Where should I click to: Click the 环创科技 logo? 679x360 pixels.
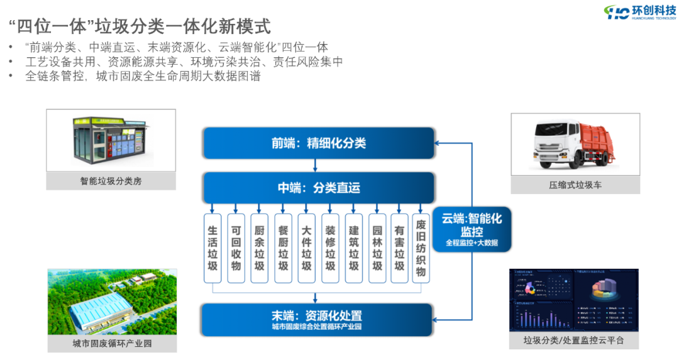639,12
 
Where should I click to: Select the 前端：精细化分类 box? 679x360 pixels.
318,143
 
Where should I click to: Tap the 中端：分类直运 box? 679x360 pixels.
318,188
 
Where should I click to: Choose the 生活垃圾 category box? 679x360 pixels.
213,249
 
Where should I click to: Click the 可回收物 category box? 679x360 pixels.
236,249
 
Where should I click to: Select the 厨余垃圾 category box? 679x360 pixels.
259,249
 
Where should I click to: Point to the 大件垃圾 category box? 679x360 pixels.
306,249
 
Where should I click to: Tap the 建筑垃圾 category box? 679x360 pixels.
353,249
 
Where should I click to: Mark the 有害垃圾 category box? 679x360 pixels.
399,249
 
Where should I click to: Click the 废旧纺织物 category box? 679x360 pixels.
421,249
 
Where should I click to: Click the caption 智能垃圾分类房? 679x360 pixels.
111,181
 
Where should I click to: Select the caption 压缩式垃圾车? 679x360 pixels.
575,185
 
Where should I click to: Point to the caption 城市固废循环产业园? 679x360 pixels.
112,343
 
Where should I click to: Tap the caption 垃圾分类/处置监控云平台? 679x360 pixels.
573,341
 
